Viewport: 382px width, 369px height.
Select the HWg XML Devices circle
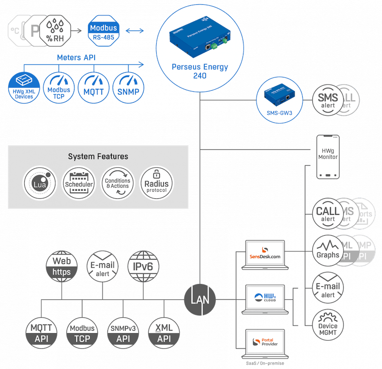click(x=23, y=86)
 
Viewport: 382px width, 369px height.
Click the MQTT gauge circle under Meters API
click(x=95, y=86)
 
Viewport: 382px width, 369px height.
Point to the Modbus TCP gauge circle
click(x=59, y=86)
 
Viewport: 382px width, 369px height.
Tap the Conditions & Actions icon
click(x=117, y=183)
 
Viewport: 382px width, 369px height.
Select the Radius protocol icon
click(x=157, y=183)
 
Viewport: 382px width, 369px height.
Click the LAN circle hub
click(x=200, y=300)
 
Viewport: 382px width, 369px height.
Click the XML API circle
click(x=164, y=332)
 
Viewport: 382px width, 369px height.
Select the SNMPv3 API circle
click(x=123, y=332)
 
